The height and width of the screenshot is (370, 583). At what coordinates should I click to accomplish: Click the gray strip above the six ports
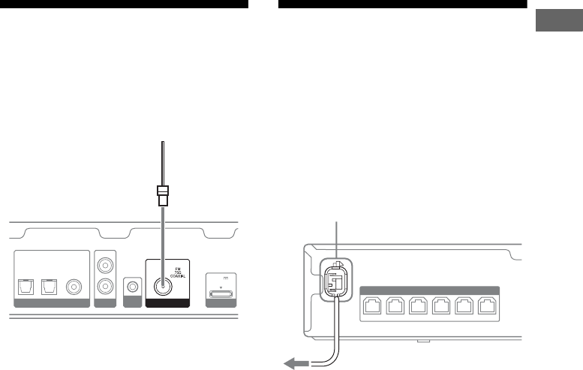point(430,289)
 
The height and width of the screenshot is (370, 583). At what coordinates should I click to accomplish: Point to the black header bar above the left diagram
point(125,4)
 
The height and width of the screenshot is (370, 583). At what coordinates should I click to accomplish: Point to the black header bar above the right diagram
point(403,4)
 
